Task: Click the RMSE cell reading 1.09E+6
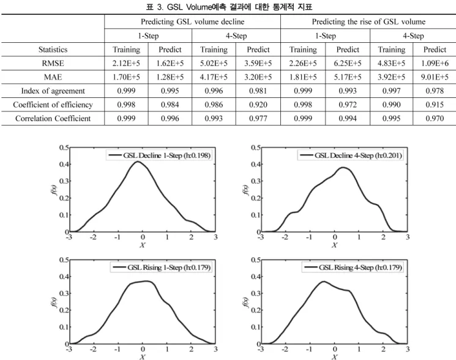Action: [x=435, y=63]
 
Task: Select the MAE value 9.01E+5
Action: [x=435, y=77]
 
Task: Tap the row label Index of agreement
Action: [x=53, y=91]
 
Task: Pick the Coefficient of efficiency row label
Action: [x=53, y=105]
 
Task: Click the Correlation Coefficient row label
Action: [x=53, y=118]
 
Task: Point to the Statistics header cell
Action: [x=53, y=50]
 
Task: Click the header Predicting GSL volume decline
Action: [x=193, y=22]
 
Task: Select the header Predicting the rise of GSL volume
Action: [x=368, y=22]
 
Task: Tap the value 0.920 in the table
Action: [x=258, y=105]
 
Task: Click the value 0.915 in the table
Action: [x=435, y=105]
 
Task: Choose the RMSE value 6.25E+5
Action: [x=348, y=63]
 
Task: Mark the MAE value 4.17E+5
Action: [x=214, y=77]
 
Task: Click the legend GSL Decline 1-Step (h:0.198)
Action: [x=159, y=156]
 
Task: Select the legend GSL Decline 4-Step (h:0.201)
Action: [x=351, y=156]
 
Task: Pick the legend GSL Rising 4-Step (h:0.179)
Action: [x=353, y=267]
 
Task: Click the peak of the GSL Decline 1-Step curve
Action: [x=137, y=162]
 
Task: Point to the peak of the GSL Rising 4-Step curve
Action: [x=324, y=282]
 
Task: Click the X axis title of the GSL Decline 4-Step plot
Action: [x=334, y=245]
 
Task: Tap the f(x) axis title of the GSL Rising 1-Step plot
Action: [x=54, y=302]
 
